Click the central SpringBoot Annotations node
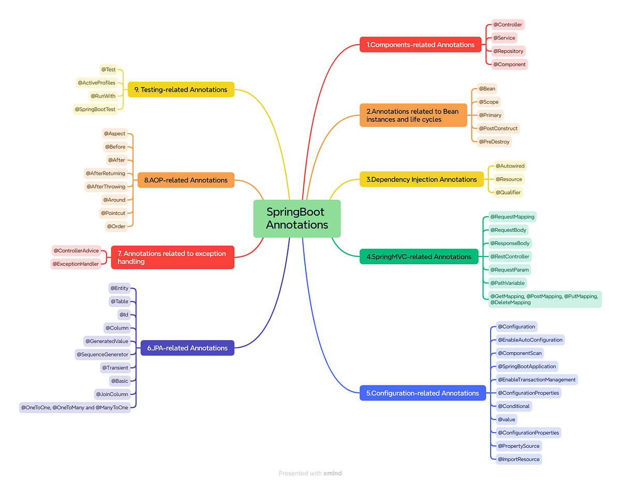pyautogui.click(x=297, y=218)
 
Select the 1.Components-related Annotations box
pyautogui.click(x=420, y=45)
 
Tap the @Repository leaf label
pyautogui.click(x=508, y=51)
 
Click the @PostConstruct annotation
pyautogui.click(x=498, y=129)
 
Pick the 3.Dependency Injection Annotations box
pyautogui.click(x=421, y=180)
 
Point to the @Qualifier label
pyautogui.click(x=508, y=192)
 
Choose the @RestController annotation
pyautogui.click(x=510, y=257)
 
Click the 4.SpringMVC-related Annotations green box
pyautogui.click(x=419, y=257)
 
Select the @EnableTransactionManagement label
pyautogui.click(x=536, y=380)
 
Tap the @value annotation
pyautogui.click(x=506, y=419)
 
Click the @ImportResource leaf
pyautogui.click(x=518, y=459)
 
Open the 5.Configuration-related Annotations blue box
pyautogui.click(x=422, y=393)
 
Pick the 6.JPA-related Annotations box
pyautogui.click(x=187, y=348)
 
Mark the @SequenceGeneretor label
pyautogui.click(x=102, y=354)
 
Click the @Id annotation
pyautogui.click(x=124, y=315)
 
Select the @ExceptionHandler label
pyautogui.click(x=76, y=264)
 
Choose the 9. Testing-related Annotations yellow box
pyautogui.click(x=181, y=90)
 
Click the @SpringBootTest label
pyautogui.click(x=95, y=109)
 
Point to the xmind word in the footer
pyautogui.click(x=333, y=473)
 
